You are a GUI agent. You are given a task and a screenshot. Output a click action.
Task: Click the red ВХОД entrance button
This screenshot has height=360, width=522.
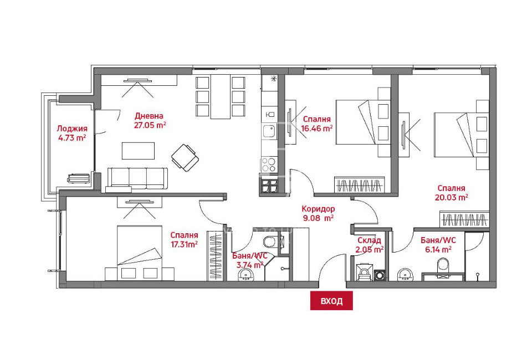pyautogui.click(x=331, y=301)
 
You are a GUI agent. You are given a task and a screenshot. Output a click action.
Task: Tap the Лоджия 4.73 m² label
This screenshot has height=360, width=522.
pyautogui.click(x=72, y=133)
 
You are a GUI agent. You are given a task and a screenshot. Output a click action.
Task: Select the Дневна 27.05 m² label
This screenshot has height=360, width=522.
pyautogui.click(x=150, y=120)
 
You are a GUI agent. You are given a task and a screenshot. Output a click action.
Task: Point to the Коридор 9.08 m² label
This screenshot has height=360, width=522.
pyautogui.click(x=318, y=213)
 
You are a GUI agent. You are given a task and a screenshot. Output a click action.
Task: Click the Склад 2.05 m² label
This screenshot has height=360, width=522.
pyautogui.click(x=370, y=245)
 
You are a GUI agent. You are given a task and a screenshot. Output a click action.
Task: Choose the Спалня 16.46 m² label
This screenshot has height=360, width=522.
pyautogui.click(x=317, y=123)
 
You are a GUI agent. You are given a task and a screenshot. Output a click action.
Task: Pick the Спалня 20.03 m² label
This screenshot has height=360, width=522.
pyautogui.click(x=451, y=192)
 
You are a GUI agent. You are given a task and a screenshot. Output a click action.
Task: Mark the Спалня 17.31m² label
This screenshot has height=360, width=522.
pyautogui.click(x=184, y=239)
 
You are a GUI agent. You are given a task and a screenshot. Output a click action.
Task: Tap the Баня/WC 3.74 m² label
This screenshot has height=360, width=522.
pyautogui.click(x=250, y=260)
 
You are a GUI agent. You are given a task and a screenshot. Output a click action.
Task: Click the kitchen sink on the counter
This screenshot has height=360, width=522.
pyautogui.click(x=269, y=132)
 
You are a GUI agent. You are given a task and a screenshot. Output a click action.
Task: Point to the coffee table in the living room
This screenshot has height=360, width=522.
pyautogui.click(x=138, y=151)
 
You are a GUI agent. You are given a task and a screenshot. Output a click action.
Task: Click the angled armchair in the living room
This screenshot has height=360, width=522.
pyautogui.click(x=185, y=157)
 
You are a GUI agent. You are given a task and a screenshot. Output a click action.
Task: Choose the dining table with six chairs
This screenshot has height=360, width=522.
pyautogui.click(x=220, y=97)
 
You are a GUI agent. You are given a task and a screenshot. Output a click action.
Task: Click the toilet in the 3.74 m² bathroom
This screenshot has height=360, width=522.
pyautogui.click(x=270, y=241)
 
